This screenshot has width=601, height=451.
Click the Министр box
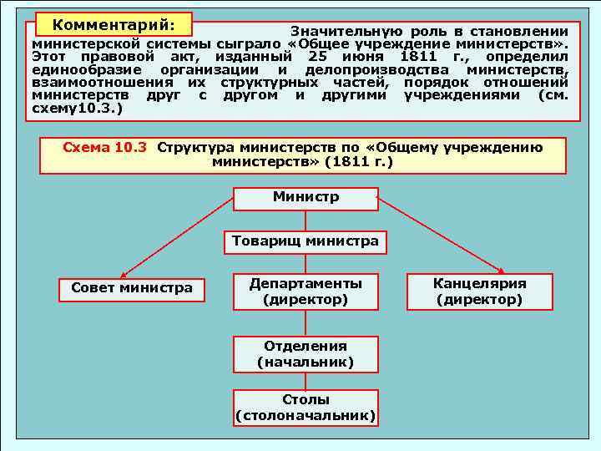point(306,199)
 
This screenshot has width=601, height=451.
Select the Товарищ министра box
point(306,242)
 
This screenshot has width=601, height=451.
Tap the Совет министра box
point(132,289)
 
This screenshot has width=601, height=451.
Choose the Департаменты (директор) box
point(306,291)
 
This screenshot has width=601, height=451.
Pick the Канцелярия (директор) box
point(479,291)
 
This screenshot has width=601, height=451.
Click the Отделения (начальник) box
point(306,354)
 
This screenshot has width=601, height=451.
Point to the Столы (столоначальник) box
point(306,408)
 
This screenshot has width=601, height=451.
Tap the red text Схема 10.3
point(104,148)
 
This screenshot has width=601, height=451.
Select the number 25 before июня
point(315,56)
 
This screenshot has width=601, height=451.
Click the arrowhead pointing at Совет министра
point(123,275)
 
